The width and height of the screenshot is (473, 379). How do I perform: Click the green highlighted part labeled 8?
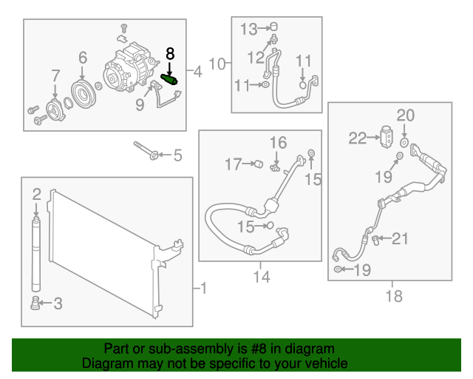coord(169,78)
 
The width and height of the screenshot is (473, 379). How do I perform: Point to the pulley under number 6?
coord(81,93)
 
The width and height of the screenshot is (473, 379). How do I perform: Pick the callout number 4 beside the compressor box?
coord(197,73)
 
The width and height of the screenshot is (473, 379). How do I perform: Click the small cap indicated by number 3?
coord(34,303)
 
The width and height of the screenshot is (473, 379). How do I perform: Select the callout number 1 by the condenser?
coord(205,288)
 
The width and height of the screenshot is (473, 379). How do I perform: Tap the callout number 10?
coord(217,64)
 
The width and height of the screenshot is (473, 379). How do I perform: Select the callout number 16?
coord(277,142)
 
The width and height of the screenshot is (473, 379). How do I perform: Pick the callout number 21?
coord(399,238)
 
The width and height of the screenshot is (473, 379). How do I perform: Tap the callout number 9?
coord(140,106)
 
